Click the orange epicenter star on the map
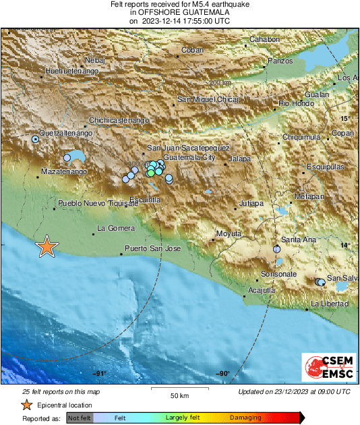tap(47, 246)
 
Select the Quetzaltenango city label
tap(65, 133)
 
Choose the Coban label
tap(193, 50)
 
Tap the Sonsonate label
tap(279, 274)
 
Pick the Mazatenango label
tap(65, 173)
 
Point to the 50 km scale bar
tap(179, 390)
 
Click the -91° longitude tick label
tap(100, 374)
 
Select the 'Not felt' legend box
tap(80, 418)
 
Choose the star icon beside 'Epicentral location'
tap(26, 405)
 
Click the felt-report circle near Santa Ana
tap(276, 250)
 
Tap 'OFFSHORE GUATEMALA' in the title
tap(179, 12)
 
